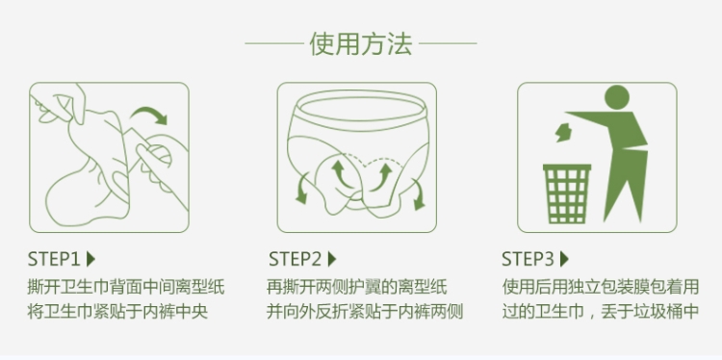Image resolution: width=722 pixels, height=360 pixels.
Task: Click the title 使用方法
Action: tap(361, 43)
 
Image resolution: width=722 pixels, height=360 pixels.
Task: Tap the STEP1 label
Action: tap(54, 259)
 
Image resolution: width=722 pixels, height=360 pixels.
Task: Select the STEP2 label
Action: tap(296, 259)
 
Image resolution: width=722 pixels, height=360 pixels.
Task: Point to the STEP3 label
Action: tap(528, 259)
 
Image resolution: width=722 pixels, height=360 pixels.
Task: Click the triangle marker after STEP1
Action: tap(90, 259)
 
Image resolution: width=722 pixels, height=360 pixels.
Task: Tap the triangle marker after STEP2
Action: tap(332, 259)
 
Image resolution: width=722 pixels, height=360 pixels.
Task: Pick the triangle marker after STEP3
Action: tap(564, 259)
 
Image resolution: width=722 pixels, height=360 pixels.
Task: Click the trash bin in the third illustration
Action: tap(567, 193)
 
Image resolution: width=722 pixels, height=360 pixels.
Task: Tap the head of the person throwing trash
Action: tap(616, 97)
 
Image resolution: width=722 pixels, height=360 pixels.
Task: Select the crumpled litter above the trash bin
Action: tap(563, 133)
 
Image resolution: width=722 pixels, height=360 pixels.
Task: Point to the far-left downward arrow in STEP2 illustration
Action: tap(302, 188)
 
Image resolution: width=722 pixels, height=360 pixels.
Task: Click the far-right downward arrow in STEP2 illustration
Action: tap(417, 194)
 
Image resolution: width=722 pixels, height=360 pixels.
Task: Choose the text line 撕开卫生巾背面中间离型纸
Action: tap(126, 287)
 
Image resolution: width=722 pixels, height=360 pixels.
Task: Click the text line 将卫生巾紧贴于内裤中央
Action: tap(117, 312)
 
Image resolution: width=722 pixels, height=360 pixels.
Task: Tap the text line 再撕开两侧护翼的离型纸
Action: tap(357, 287)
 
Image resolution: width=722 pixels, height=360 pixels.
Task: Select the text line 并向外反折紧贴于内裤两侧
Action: tap(365, 312)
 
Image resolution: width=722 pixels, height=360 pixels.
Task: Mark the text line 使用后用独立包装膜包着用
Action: tap(601, 287)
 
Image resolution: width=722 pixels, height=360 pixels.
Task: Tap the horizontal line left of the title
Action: tap(274, 43)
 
